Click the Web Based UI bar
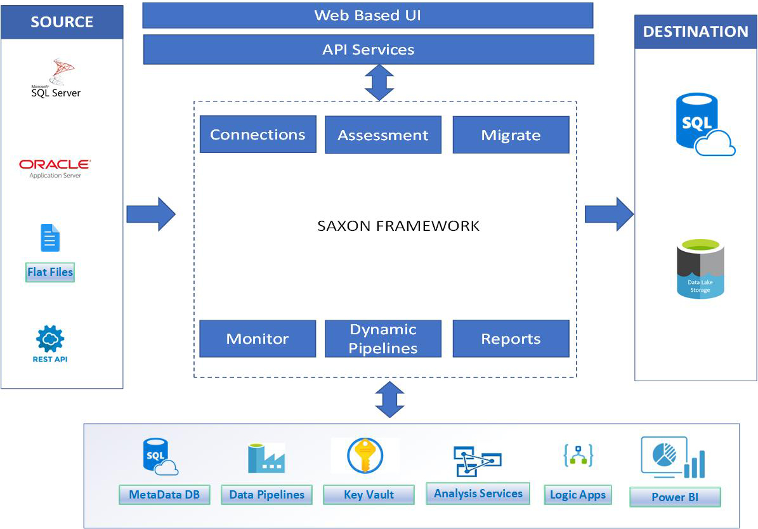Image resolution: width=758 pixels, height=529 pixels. coord(367,15)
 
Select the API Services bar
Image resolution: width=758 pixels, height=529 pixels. coord(368,49)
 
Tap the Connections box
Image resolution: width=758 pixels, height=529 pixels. coord(258,134)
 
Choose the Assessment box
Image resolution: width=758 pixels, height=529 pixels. coord(382,135)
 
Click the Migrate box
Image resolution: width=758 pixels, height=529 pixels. coord(511,135)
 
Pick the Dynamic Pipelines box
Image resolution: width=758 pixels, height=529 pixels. coord(382,339)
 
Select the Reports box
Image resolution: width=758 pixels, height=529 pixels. coord(511,339)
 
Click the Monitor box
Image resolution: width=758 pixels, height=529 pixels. coord(258,339)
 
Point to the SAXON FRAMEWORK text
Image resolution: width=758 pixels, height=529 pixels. coord(398,226)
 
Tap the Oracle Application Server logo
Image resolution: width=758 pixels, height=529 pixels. coord(55,168)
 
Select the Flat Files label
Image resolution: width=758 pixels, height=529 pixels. coord(50,273)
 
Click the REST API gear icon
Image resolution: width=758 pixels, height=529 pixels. coord(50,339)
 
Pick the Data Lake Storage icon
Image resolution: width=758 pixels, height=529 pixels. coord(700,269)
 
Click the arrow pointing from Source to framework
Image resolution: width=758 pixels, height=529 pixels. coord(150,214)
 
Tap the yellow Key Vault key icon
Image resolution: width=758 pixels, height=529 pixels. coord(365,455)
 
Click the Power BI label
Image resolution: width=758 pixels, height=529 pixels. coord(675,497)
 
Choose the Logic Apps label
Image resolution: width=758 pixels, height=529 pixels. coord(578,495)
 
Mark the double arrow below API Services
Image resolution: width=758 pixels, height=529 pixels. coord(380,82)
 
